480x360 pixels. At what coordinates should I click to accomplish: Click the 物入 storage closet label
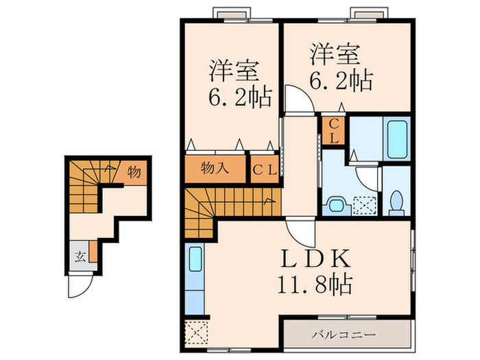[x=215, y=169]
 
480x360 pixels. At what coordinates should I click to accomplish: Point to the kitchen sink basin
[x=193, y=261]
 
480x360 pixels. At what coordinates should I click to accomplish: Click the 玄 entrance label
[x=80, y=258]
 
